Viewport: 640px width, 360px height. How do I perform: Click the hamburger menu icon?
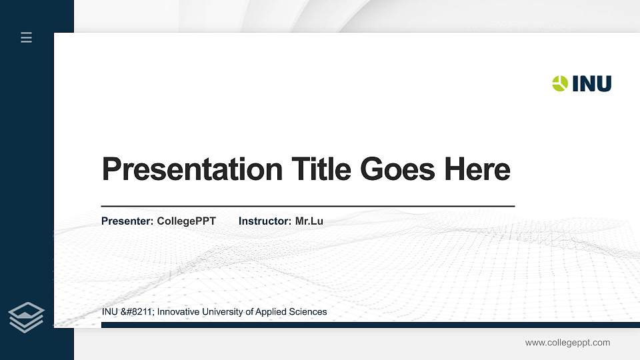pos(27,38)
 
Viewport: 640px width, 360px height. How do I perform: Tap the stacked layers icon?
pos(27,316)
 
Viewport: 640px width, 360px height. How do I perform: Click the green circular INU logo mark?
pos(560,83)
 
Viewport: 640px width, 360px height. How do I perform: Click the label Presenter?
pos(127,221)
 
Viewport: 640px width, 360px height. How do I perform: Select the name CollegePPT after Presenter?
pos(186,221)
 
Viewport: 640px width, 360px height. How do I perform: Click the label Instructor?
pos(265,221)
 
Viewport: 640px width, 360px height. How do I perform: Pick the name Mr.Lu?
pos(309,221)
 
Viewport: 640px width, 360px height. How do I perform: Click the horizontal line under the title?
pos(307,207)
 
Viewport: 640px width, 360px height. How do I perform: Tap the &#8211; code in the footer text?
pos(137,311)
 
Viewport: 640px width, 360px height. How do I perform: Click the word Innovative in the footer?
pos(179,311)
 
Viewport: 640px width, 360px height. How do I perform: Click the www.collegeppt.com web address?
pos(567,343)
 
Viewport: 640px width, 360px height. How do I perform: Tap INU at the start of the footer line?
pos(109,311)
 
